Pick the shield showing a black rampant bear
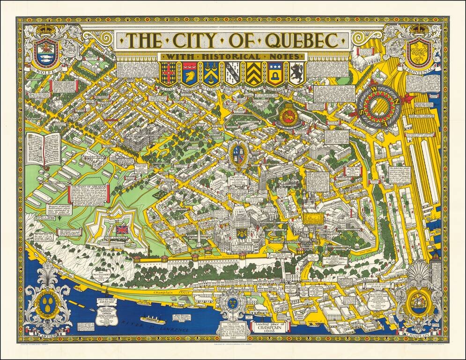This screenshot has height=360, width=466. pos(297,73)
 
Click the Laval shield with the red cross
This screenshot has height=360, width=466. pos(168,73)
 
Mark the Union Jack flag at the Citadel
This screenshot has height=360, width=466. pos(122,230)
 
